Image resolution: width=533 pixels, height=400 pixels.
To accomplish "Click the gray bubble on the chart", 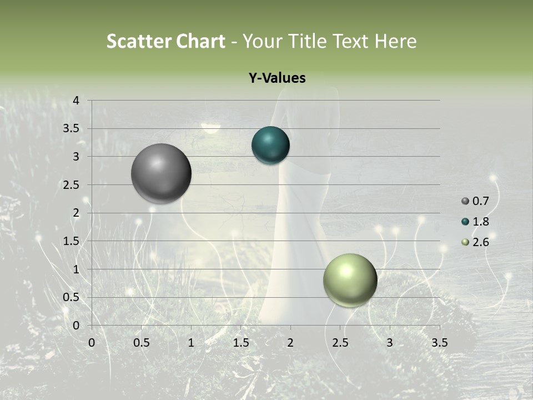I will (x=162, y=173).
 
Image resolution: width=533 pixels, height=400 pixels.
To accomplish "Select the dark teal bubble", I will (x=271, y=145).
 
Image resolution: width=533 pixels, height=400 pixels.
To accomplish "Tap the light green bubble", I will (x=350, y=280).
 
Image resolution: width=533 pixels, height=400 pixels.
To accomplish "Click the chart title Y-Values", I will (x=277, y=78).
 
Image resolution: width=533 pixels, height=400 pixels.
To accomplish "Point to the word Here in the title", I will (x=395, y=41).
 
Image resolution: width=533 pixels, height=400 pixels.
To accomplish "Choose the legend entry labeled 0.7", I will (x=476, y=201).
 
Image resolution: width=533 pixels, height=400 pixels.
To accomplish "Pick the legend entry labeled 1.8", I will (x=476, y=222).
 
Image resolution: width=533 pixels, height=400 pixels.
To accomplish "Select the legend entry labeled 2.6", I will (x=476, y=242).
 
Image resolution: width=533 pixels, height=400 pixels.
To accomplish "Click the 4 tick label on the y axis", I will (x=76, y=101).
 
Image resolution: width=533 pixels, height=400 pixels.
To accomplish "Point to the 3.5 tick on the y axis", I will (x=72, y=129).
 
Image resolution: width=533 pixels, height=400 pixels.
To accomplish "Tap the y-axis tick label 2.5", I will (x=72, y=185).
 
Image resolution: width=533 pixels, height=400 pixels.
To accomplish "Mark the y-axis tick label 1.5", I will (x=72, y=241).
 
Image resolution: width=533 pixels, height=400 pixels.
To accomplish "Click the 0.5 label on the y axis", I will (x=72, y=297).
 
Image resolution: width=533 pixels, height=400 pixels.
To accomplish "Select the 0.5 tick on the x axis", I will (x=141, y=343).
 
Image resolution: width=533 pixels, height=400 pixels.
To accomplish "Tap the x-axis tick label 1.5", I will (x=240, y=343).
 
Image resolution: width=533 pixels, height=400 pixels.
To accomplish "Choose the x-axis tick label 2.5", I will (x=340, y=343).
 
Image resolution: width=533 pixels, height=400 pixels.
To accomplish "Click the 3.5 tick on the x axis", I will (x=439, y=343).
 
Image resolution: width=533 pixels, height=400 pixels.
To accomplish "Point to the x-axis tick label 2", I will (x=290, y=343).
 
